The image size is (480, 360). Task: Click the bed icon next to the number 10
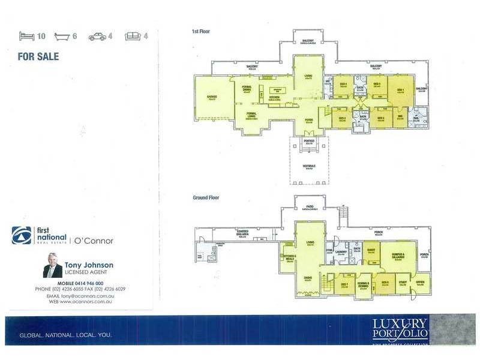tap(27, 37)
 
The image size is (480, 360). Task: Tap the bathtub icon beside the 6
tap(62, 37)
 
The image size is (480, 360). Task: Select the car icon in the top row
tap(97, 37)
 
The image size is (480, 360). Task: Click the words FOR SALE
tap(38, 56)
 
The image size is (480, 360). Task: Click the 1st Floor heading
tap(200, 31)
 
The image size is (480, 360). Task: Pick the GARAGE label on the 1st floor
tap(212, 97)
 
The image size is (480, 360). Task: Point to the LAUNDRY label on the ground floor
tap(341, 252)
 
